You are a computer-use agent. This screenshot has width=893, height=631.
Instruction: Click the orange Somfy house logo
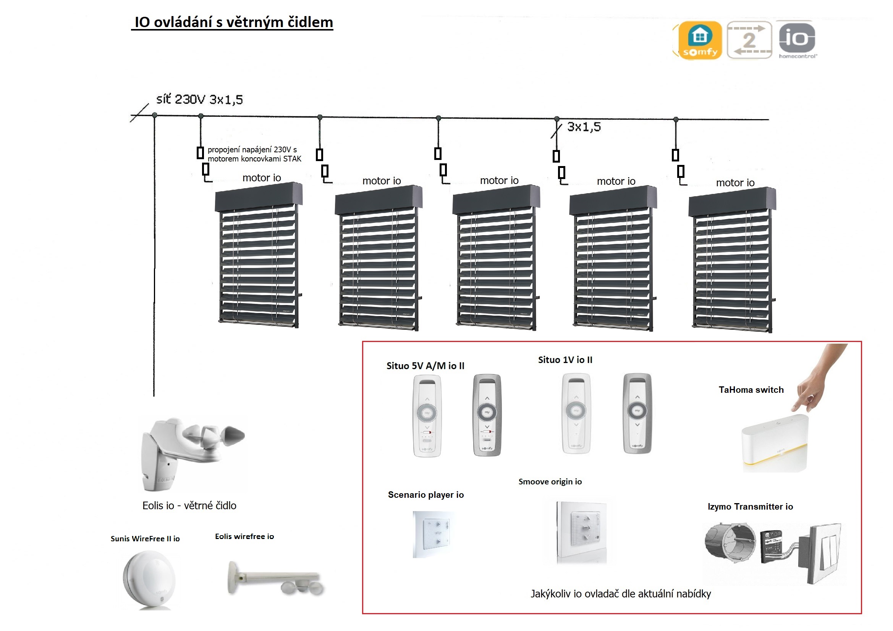[x=700, y=40]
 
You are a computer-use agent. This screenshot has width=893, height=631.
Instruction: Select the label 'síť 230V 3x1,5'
[x=199, y=100]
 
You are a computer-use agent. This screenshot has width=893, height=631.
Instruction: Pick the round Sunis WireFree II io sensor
[x=149, y=579]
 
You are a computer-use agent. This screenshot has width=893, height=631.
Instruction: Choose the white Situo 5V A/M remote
[x=427, y=415]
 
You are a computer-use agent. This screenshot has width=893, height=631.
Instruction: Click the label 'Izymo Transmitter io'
[x=750, y=506]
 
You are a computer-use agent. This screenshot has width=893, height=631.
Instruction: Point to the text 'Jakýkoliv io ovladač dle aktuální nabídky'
[x=620, y=594]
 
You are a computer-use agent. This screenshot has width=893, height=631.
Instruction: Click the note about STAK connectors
[x=254, y=154]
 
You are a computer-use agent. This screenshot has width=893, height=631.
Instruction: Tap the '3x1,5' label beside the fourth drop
[x=583, y=127]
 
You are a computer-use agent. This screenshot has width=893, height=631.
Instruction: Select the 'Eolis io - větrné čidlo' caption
[x=189, y=505]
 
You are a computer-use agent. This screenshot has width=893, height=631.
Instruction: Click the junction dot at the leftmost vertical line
[x=154, y=115]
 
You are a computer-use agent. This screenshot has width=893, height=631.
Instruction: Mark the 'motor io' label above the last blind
[x=735, y=182]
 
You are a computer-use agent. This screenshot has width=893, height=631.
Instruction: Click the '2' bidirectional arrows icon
[x=749, y=40]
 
